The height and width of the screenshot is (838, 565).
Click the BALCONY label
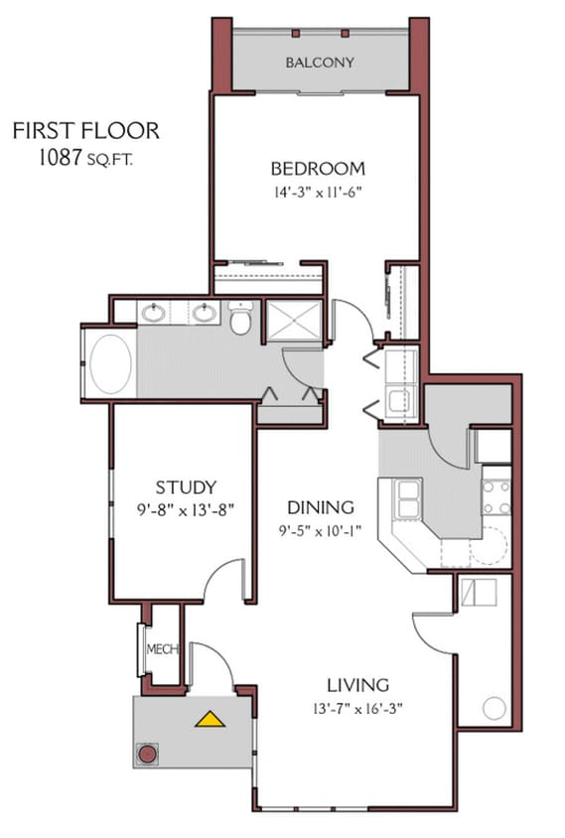point(320,63)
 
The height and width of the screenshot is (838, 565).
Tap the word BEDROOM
point(318,168)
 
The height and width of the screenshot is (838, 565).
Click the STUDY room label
point(186,487)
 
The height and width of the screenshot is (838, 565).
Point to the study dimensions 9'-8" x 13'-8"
point(186,508)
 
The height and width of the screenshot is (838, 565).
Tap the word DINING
point(314,507)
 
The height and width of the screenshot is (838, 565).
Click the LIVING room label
point(357,685)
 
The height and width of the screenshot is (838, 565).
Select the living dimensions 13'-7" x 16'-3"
point(357,708)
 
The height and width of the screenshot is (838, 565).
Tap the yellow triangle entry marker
point(210,719)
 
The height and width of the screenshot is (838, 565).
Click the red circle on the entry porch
point(148,754)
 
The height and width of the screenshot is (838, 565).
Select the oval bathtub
point(110,363)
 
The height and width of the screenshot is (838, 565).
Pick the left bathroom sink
point(153,314)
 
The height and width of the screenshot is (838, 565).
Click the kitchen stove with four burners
point(496,497)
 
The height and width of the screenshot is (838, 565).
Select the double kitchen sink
point(408,498)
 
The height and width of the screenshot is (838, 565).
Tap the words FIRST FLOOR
point(85,130)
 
